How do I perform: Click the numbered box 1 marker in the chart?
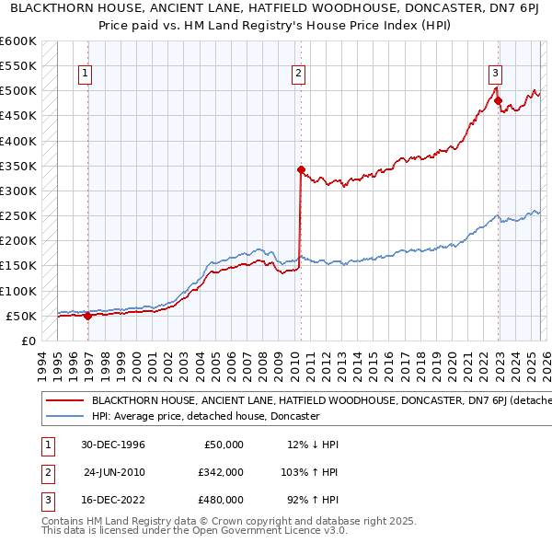(85, 75)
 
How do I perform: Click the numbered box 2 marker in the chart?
(300, 75)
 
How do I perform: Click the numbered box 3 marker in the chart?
(495, 75)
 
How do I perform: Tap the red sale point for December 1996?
(88, 316)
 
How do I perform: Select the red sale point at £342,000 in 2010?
(301, 169)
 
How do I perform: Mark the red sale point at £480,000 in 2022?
(498, 100)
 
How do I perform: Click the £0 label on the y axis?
(28, 341)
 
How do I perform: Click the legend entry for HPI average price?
(204, 416)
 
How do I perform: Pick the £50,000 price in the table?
(224, 445)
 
